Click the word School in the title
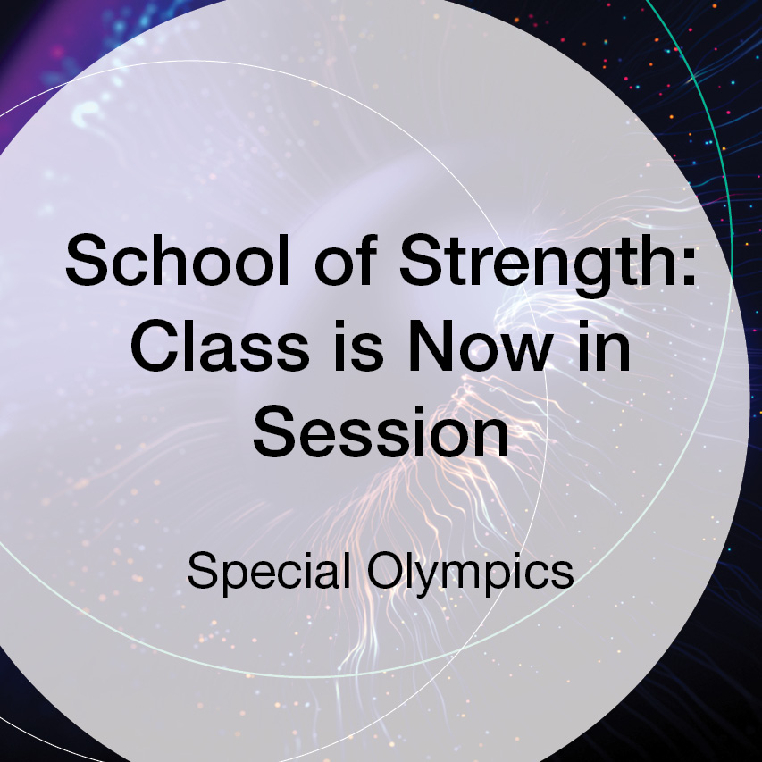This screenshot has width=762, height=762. (x=178, y=259)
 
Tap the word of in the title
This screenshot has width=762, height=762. (x=346, y=259)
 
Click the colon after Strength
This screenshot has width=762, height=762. (x=688, y=267)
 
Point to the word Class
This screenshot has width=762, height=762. (x=220, y=346)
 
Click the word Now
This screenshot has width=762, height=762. (x=481, y=346)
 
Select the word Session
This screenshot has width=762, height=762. (x=381, y=432)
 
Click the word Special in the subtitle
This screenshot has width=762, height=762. (x=269, y=572)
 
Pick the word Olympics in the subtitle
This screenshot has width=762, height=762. (x=471, y=572)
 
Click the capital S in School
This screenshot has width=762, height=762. (x=87, y=259)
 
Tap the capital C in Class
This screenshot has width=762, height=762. (x=153, y=346)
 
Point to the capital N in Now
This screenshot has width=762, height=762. (x=431, y=346)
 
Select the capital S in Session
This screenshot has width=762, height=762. (x=273, y=432)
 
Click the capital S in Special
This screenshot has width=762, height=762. (x=202, y=570)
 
